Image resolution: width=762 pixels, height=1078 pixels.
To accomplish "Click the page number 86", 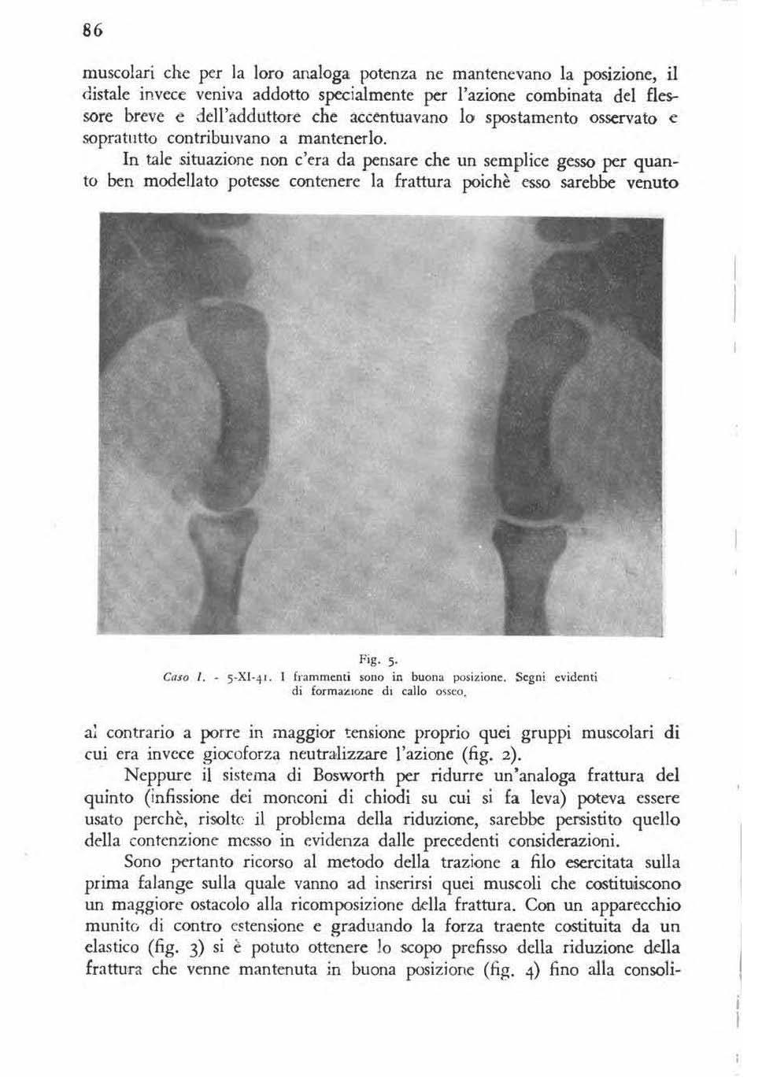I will (94, 31).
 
